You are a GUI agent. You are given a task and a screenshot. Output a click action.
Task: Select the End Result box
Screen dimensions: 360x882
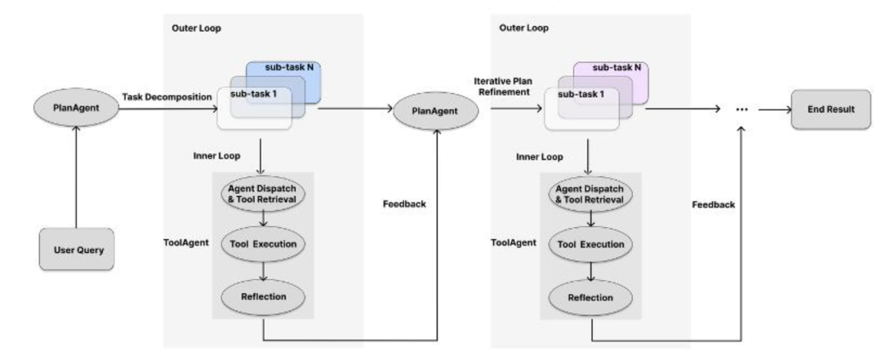tap(828, 110)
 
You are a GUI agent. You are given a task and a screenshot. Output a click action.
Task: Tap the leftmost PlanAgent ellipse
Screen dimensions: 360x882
tap(76, 110)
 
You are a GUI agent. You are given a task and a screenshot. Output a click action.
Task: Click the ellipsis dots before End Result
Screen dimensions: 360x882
tap(742, 110)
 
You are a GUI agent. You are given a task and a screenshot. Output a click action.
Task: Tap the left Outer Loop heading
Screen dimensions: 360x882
tap(196, 27)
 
